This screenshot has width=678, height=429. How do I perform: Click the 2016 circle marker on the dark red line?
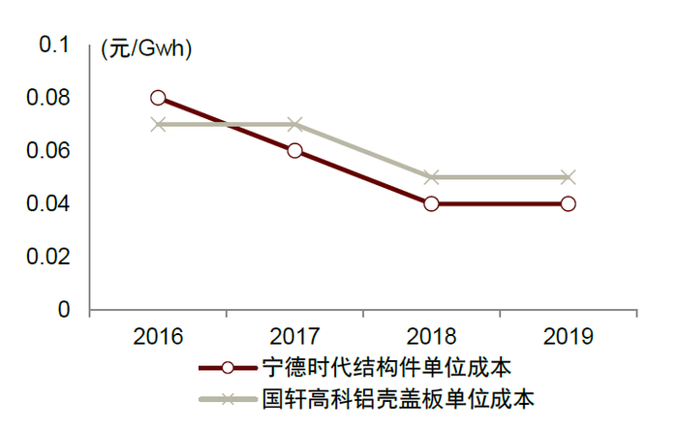click(158, 98)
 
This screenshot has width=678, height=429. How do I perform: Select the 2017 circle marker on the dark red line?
click(294, 150)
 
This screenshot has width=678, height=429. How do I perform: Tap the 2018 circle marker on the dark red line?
click(431, 203)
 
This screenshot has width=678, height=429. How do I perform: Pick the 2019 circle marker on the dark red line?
click(569, 203)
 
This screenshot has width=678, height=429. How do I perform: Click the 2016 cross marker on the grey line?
click(158, 124)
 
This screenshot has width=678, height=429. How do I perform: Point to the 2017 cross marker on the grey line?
click(294, 124)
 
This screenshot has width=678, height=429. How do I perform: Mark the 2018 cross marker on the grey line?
click(431, 177)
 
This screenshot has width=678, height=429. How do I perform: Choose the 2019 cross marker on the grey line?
click(569, 177)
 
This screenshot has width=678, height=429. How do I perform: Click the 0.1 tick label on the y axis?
click(55, 45)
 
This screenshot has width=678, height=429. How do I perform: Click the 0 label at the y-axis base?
click(65, 310)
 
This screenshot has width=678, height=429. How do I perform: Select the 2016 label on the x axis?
click(158, 337)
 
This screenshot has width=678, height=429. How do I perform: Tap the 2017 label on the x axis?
click(294, 337)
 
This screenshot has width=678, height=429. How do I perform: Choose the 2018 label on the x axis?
click(431, 337)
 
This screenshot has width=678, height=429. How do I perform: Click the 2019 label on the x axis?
click(569, 337)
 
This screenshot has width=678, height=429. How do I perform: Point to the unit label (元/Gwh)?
click(146, 51)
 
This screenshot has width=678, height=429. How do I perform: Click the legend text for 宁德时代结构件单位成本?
click(386, 368)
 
